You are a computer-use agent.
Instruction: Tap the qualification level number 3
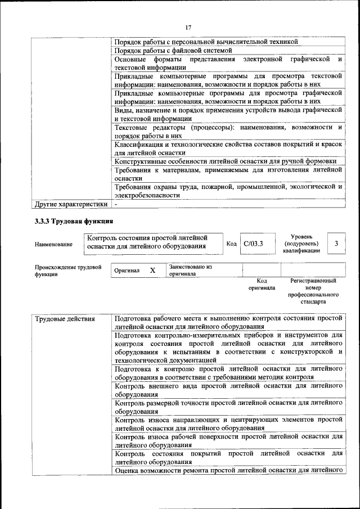coord(336,244)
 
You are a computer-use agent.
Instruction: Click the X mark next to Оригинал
coord(152,271)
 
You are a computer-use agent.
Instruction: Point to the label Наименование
coord(53,244)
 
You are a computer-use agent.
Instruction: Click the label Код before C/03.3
coord(231,244)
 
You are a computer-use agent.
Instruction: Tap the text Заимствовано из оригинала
coord(190,271)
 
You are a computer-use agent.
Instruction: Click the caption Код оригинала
coord(262,284)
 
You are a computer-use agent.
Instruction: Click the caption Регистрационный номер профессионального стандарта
coord(313,291)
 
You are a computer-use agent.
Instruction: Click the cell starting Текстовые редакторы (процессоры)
coord(228,132)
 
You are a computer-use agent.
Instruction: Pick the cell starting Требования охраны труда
coord(228,191)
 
